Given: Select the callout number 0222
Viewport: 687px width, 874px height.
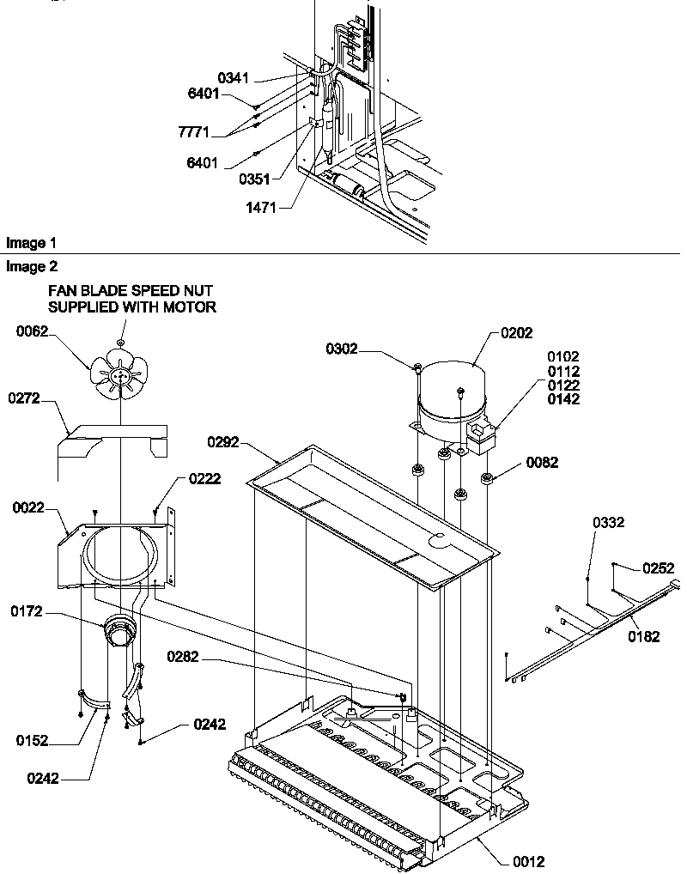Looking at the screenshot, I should coord(206,479).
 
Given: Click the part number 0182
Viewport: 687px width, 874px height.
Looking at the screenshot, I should coord(644,636).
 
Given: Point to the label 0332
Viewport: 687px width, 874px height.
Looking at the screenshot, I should coord(608,522).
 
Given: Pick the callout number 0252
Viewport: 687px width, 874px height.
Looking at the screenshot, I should coord(659,567).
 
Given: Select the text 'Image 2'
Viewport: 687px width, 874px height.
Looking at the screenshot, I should coord(25,267).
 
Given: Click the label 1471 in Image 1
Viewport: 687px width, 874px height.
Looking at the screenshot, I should coord(261,207).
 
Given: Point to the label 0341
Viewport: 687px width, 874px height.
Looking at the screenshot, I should coord(233,78).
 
